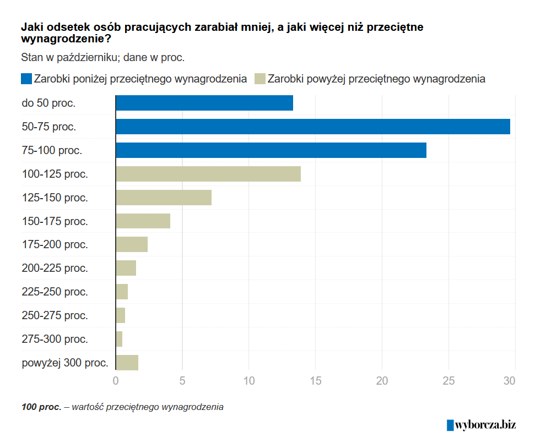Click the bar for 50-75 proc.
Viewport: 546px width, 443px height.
(x=313, y=127)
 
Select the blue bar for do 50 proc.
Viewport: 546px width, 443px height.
(x=204, y=103)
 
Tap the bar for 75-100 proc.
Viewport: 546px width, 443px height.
(x=271, y=150)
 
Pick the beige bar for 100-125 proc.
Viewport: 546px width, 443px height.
(x=208, y=174)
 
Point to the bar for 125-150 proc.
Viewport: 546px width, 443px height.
(x=164, y=198)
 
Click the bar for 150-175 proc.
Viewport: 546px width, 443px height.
(x=143, y=221)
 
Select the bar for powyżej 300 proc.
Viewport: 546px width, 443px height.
(x=127, y=363)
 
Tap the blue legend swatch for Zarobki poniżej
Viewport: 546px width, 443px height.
(x=26, y=79)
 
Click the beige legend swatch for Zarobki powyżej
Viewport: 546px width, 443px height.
(x=260, y=79)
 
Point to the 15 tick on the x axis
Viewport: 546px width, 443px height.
(x=315, y=380)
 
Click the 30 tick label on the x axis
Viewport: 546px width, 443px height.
(x=510, y=380)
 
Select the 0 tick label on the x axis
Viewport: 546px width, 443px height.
(x=116, y=380)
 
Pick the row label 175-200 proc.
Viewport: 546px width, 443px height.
(x=55, y=244)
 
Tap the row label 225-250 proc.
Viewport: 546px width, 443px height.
(x=55, y=292)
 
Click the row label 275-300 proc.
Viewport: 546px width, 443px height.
(x=55, y=339)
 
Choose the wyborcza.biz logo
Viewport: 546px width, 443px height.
(x=481, y=424)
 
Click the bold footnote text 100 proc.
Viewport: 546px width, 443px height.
(x=41, y=407)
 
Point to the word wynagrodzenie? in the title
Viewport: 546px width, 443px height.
(x=66, y=39)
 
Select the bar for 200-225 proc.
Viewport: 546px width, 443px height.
(x=126, y=269)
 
